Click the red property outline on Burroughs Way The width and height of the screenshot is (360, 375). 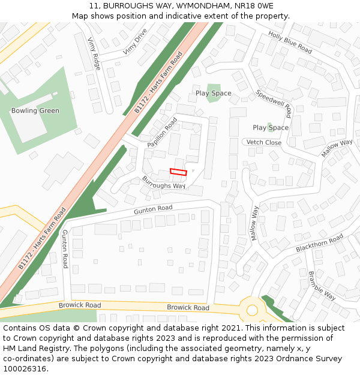point(178,172)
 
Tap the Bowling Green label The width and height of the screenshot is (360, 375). point(35,110)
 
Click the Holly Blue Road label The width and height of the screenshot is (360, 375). point(290,42)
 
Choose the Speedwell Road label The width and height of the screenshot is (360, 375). point(274,103)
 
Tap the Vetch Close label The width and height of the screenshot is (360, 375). point(264,143)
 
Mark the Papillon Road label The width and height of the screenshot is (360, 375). point(162,133)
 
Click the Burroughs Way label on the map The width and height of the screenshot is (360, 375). point(164,182)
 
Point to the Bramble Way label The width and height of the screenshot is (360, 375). point(322,285)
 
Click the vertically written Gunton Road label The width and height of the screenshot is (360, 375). point(65,248)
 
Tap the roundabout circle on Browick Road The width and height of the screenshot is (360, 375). point(252,310)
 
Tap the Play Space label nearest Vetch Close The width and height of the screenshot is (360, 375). point(271,128)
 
